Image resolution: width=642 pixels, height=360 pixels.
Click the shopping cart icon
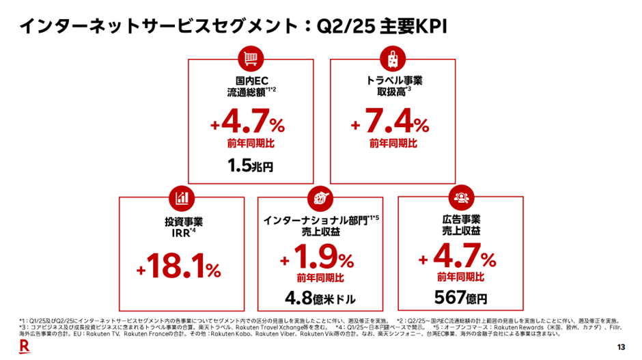point(250,59)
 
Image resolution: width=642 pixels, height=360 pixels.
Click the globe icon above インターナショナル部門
point(320,197)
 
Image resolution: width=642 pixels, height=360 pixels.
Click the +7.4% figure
point(390,125)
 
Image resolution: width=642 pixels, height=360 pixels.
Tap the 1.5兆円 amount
point(250,166)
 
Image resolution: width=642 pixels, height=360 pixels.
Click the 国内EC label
point(250,81)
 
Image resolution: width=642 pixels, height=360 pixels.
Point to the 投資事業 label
point(179,222)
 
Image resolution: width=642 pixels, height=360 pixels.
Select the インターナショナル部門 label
point(314,221)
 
